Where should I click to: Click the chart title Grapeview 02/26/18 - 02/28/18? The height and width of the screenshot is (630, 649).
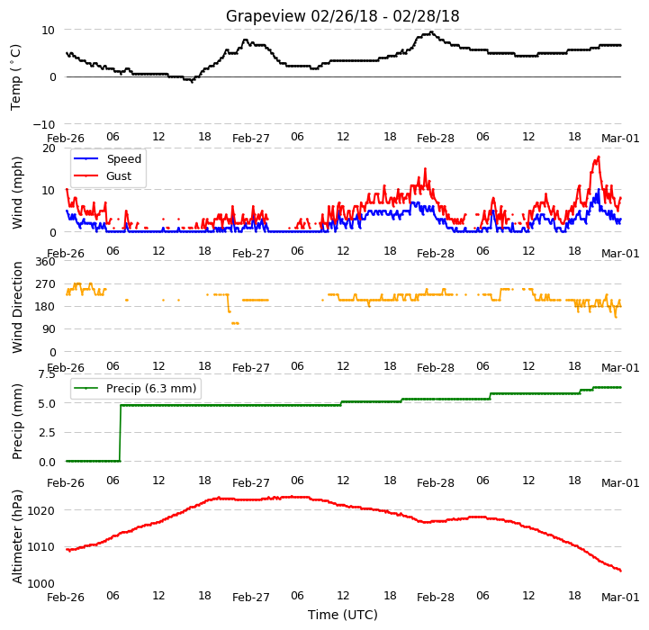click(342, 16)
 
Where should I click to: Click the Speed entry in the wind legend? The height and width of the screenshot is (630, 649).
click(108, 159)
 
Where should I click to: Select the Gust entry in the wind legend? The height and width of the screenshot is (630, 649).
click(103, 175)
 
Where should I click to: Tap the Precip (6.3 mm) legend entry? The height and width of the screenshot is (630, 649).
click(135, 388)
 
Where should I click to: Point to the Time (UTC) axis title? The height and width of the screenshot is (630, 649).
click(343, 615)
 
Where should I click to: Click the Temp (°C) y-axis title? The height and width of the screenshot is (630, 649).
click(15, 77)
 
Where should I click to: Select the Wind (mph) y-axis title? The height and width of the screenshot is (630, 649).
click(16, 193)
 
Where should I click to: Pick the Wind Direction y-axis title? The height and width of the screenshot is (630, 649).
click(16, 307)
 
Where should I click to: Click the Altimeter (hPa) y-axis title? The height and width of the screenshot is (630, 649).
click(16, 537)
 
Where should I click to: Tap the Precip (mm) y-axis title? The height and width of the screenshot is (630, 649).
click(16, 421)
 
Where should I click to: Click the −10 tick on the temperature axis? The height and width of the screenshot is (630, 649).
click(44, 124)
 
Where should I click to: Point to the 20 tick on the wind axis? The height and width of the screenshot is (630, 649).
click(49, 148)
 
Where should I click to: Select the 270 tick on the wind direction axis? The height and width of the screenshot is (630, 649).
click(46, 284)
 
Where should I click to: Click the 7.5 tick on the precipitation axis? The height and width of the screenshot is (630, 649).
click(47, 374)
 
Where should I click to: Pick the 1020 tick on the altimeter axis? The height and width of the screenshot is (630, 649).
click(41, 511)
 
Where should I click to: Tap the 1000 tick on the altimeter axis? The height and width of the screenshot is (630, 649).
click(41, 583)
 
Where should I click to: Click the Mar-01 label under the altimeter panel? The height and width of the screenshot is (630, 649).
click(620, 598)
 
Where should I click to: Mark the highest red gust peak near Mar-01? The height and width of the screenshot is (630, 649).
click(599, 157)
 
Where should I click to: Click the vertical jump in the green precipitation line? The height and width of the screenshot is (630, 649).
click(121, 433)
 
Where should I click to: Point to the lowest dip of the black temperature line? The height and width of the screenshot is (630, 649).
click(192, 82)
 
